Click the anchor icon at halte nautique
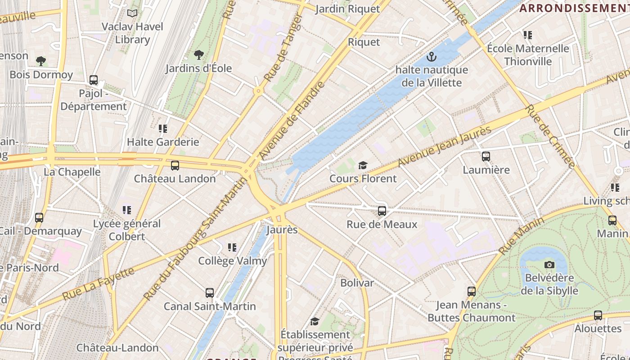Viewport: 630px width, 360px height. coord(432,57)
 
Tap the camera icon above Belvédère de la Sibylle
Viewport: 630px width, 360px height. coord(549,265)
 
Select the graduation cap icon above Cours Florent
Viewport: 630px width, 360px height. coord(363,166)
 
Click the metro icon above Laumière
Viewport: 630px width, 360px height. coord(486,157)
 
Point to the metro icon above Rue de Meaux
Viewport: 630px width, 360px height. coord(382,211)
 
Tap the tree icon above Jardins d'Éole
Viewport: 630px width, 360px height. coord(198,55)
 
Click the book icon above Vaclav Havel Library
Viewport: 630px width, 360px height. coord(132,13)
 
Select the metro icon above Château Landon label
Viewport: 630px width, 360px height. coord(175,165)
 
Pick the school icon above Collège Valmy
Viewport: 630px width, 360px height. coord(232,247)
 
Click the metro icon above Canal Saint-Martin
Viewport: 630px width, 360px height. coord(210,293)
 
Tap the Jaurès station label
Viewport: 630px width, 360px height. coord(282,229)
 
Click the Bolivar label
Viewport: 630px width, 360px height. coord(357,283)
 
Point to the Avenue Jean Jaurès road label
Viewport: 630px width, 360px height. coord(445,147)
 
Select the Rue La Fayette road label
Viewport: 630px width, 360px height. coord(98,283)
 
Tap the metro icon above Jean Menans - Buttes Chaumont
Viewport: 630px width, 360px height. coord(471,292)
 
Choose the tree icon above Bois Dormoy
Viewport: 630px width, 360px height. coord(41,61)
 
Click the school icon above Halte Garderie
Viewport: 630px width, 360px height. coord(163,129)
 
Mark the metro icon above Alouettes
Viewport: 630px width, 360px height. coord(598,315)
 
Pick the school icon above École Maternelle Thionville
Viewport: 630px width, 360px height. coord(528,35)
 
